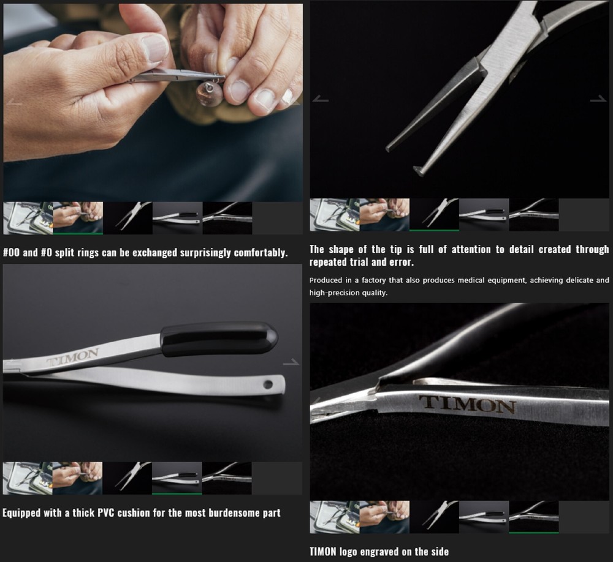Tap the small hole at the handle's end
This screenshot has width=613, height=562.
click(268, 384)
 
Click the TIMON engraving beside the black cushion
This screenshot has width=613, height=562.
click(72, 356)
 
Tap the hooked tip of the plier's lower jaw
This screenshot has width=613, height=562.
click(419, 171)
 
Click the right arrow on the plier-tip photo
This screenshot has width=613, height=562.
click(598, 99)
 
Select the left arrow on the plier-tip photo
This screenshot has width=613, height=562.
click(321, 99)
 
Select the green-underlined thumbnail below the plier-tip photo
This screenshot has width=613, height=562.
click(434, 214)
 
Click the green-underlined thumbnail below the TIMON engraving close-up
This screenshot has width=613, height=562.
click(533, 516)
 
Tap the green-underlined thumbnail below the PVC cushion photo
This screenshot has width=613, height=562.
click(177, 478)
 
